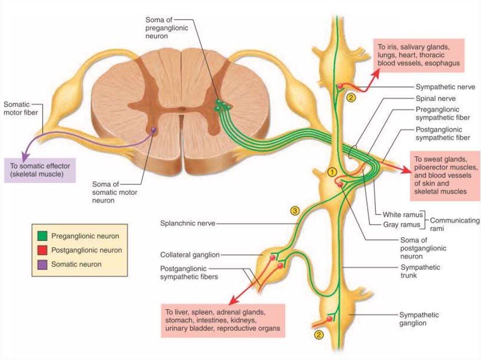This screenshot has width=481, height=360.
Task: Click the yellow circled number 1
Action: pyautogui.click(x=332, y=172)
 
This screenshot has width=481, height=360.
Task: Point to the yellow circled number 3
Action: pyautogui.click(x=295, y=211)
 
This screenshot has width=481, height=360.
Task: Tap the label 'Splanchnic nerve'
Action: pyautogui.click(x=187, y=224)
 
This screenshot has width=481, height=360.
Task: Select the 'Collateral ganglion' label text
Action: pyautogui.click(x=190, y=255)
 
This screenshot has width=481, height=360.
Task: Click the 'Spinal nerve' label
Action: pyautogui.click(x=435, y=99)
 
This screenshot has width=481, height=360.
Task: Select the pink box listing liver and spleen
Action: pyautogui.click(x=223, y=320)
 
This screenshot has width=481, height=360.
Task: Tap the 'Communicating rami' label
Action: pyautogui.click(x=454, y=224)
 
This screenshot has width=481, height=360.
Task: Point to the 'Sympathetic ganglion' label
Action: pyautogui.click(x=419, y=319)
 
